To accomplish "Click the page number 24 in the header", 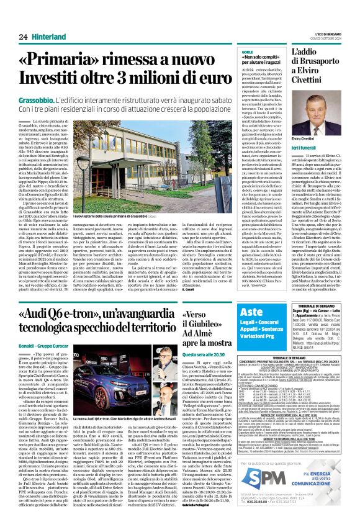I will click(x=23, y=37).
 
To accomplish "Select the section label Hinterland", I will click(x=50, y=37).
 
